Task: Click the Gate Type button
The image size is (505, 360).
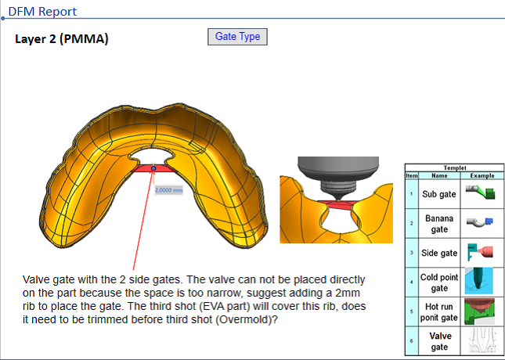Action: (x=237, y=37)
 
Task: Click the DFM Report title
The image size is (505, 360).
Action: (x=42, y=11)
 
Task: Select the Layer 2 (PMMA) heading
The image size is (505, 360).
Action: (x=62, y=39)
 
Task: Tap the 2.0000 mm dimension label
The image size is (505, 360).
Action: (x=169, y=190)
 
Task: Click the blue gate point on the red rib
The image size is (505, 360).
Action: (x=153, y=168)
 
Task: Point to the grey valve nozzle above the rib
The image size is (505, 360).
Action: (x=338, y=177)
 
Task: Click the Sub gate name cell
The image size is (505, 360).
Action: (x=439, y=194)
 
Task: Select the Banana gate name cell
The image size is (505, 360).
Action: (x=439, y=224)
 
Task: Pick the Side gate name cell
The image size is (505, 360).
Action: (x=439, y=253)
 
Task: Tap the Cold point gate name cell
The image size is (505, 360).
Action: (x=439, y=283)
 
